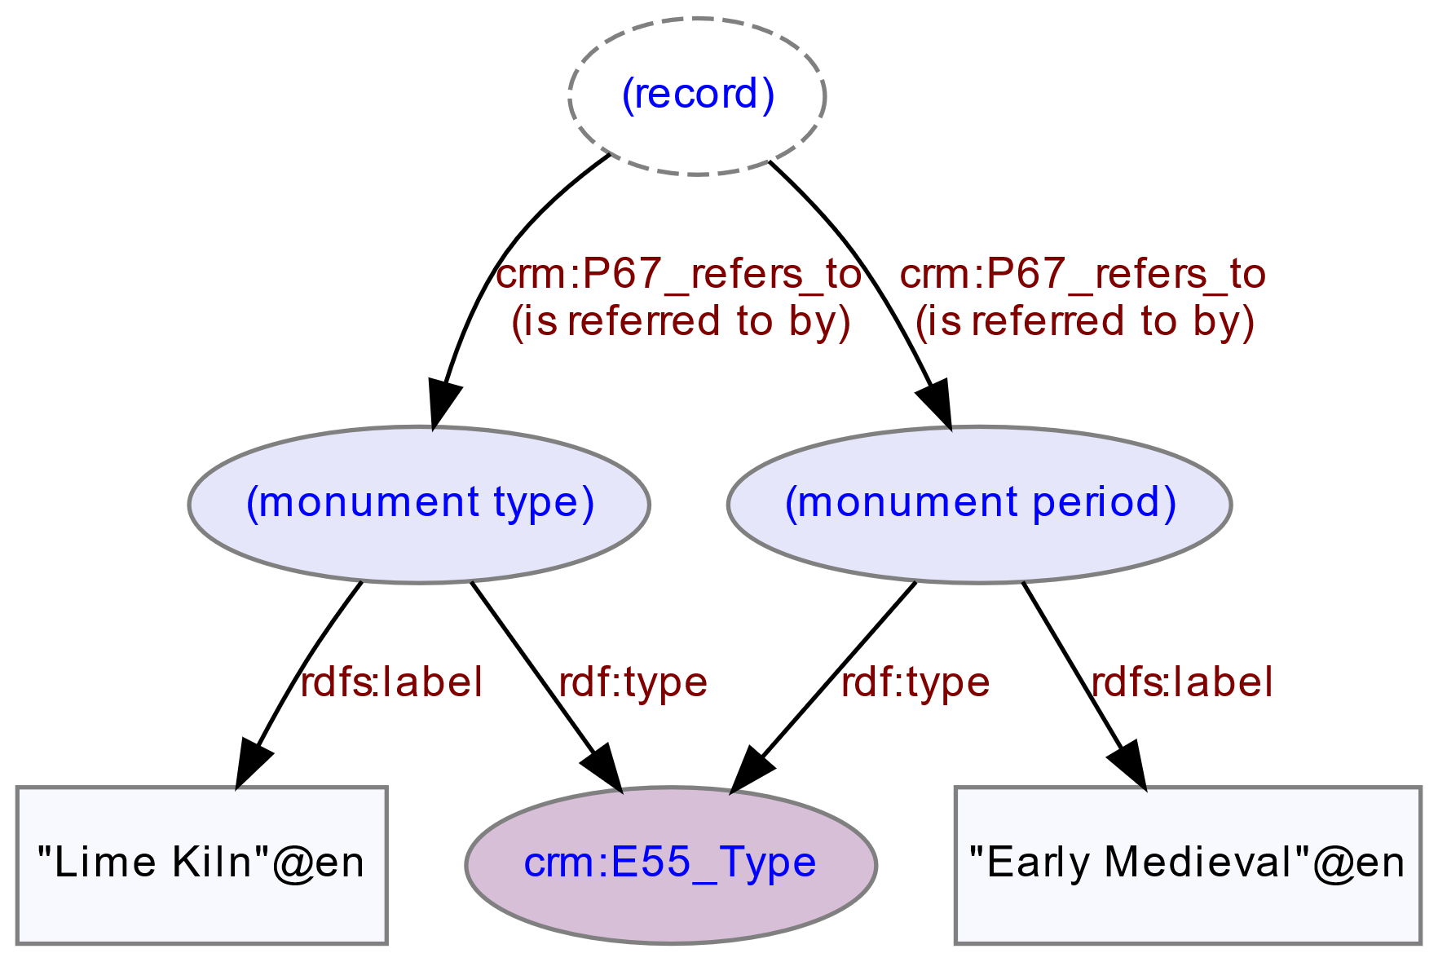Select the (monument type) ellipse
[419, 505]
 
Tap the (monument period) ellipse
[979, 505]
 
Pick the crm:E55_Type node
[671, 865]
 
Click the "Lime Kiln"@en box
[201, 865]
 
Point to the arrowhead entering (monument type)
[442, 404]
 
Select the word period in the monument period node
[1104, 505]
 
